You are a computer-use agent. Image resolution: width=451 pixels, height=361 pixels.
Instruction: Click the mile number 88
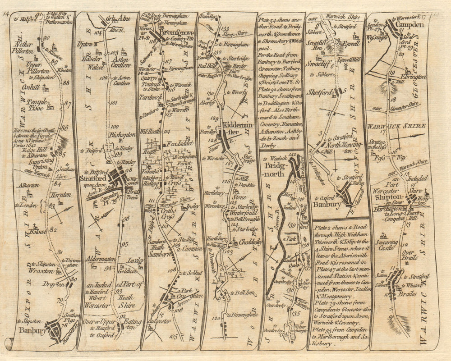(x=66, y=82)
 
